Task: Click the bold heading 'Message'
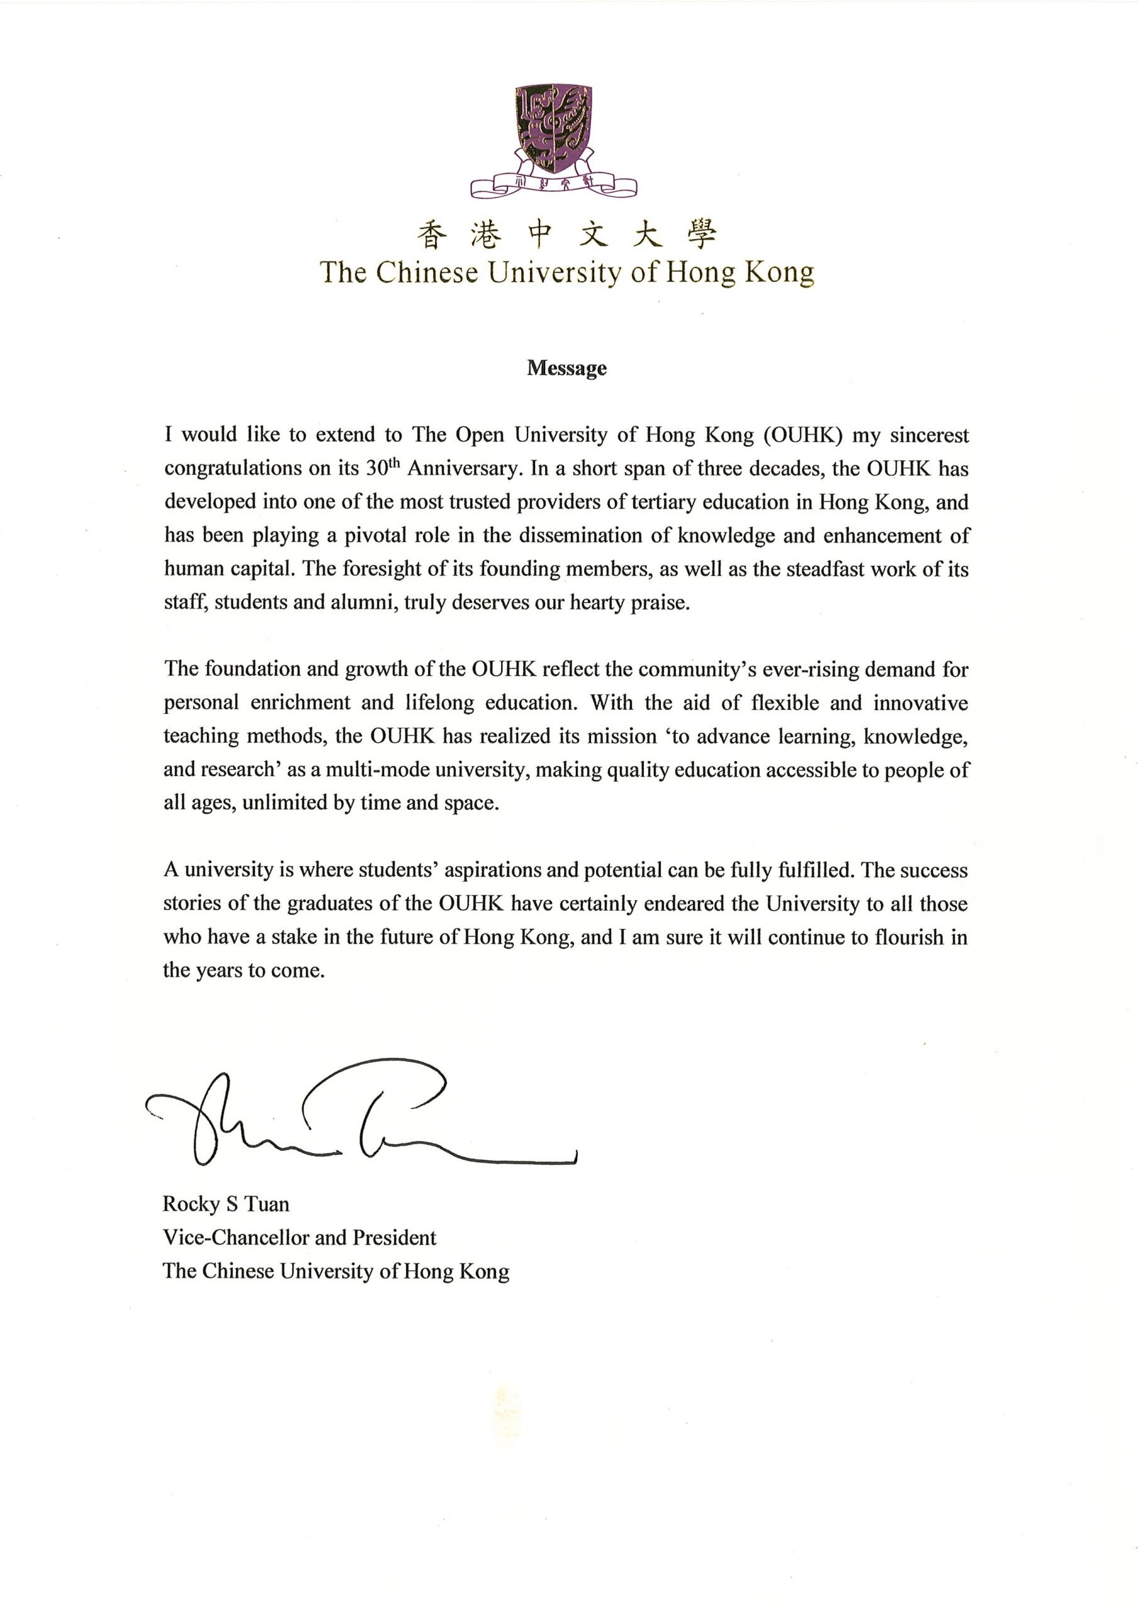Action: pos(566,368)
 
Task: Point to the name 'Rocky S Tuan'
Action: pos(226,1204)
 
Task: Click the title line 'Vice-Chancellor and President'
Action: pos(299,1238)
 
